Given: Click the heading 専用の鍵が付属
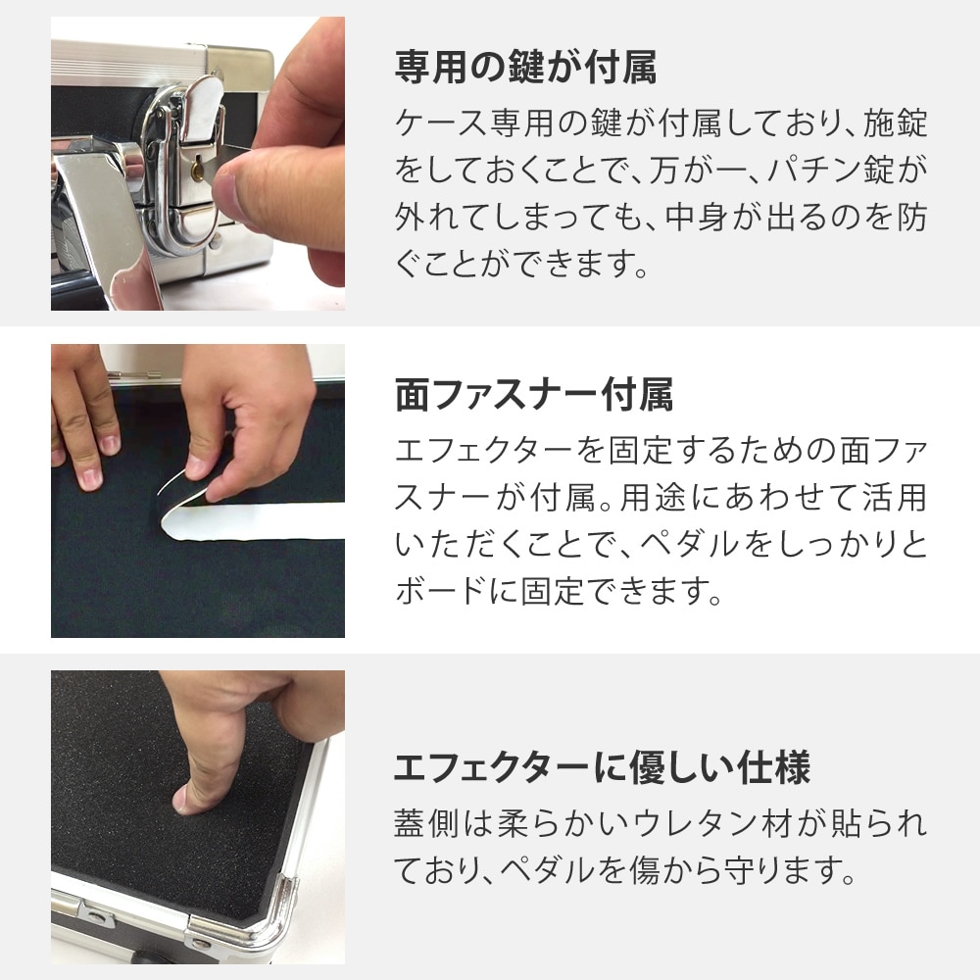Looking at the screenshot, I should [525, 70].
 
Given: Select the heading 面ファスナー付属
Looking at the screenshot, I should [533, 396].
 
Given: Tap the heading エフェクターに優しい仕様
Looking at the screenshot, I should [602, 768].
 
